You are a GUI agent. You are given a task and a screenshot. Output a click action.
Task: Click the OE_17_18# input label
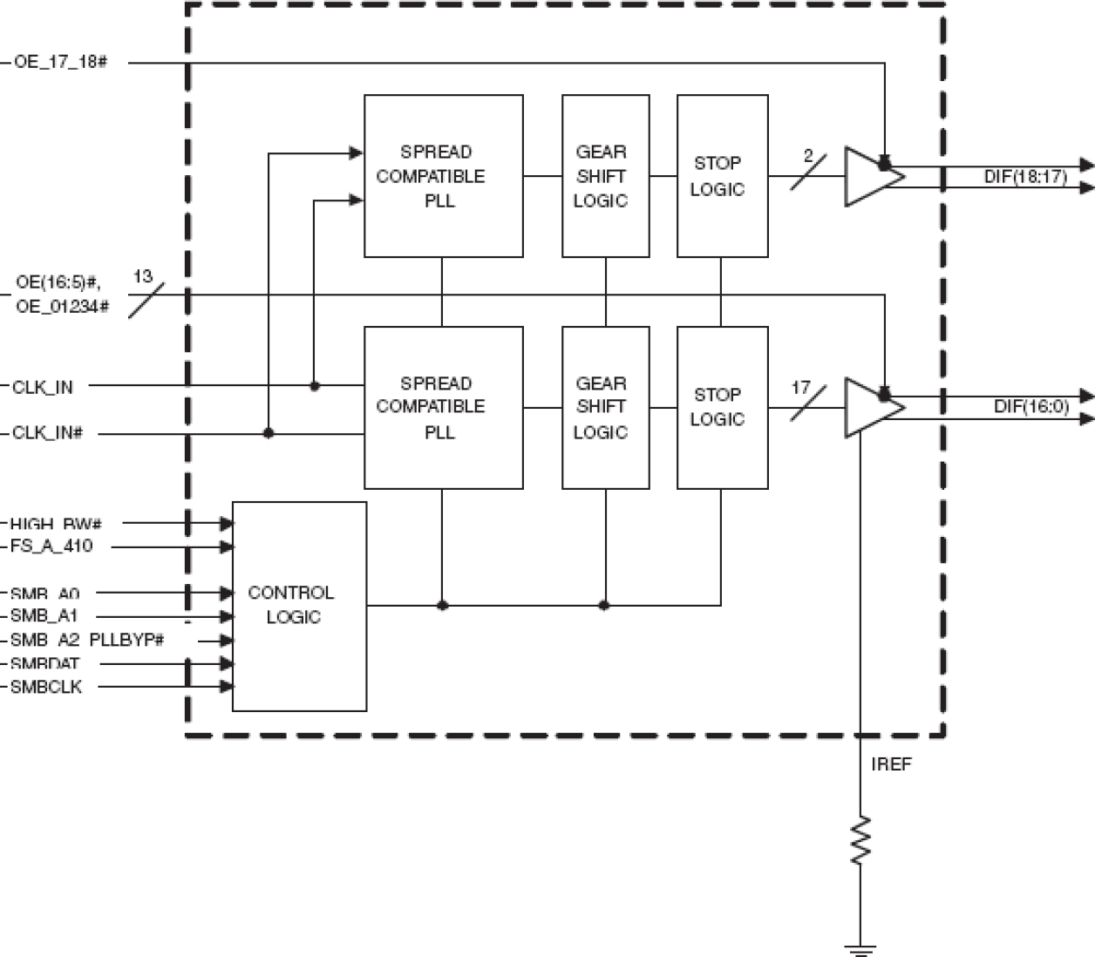point(60,63)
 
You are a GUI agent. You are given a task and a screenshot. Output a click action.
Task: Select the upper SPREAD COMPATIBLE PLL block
point(443,176)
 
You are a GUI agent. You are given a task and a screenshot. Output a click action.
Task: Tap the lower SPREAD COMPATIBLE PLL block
point(443,407)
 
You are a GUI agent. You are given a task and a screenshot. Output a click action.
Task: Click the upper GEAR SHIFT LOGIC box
point(605,176)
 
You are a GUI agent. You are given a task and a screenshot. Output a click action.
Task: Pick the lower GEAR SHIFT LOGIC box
point(605,407)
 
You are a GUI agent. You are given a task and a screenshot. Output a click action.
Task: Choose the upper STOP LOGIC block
point(722,176)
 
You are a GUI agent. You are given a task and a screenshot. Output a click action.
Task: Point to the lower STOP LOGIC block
point(722,407)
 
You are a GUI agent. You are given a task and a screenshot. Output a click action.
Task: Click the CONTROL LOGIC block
point(298,606)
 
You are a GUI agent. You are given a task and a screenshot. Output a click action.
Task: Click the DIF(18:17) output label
point(1025,177)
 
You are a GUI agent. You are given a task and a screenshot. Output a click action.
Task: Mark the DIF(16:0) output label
point(1030,407)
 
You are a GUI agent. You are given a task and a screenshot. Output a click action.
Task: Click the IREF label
point(891,764)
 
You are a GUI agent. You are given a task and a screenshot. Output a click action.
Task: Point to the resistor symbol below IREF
point(860,840)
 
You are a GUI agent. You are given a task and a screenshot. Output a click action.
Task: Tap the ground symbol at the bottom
point(860,948)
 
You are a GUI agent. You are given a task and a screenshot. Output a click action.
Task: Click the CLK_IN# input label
point(48,433)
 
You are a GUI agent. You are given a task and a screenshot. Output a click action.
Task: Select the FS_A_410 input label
point(51,546)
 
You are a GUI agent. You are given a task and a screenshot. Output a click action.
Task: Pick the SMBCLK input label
point(46,687)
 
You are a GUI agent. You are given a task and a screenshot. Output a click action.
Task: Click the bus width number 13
point(143,276)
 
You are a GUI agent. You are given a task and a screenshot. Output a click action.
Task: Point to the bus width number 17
point(800,388)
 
